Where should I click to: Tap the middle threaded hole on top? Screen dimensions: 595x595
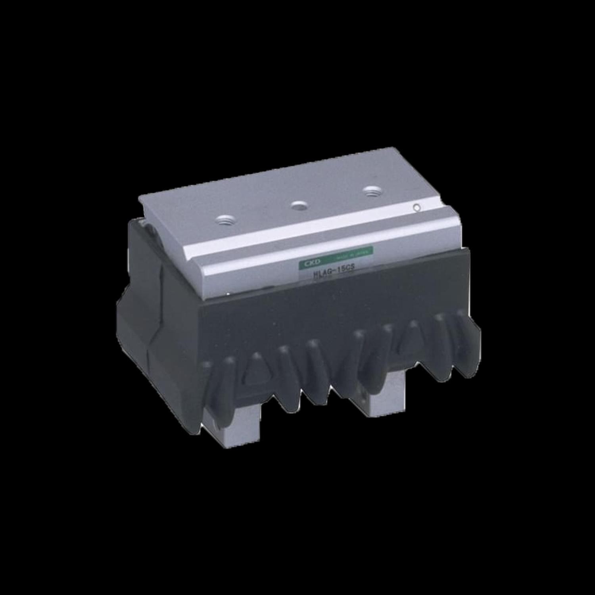(298, 205)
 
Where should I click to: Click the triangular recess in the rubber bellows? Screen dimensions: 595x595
(253, 375)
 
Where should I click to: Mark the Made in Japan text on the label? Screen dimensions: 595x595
(357, 254)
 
